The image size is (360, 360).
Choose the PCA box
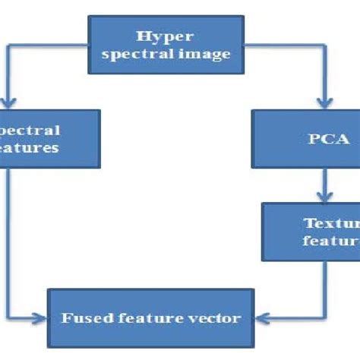click(x=304, y=139)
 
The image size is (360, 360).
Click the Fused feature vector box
click(x=150, y=319)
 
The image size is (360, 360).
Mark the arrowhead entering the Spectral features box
click(x=7, y=104)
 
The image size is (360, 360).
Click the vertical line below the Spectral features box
click(x=7, y=235)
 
